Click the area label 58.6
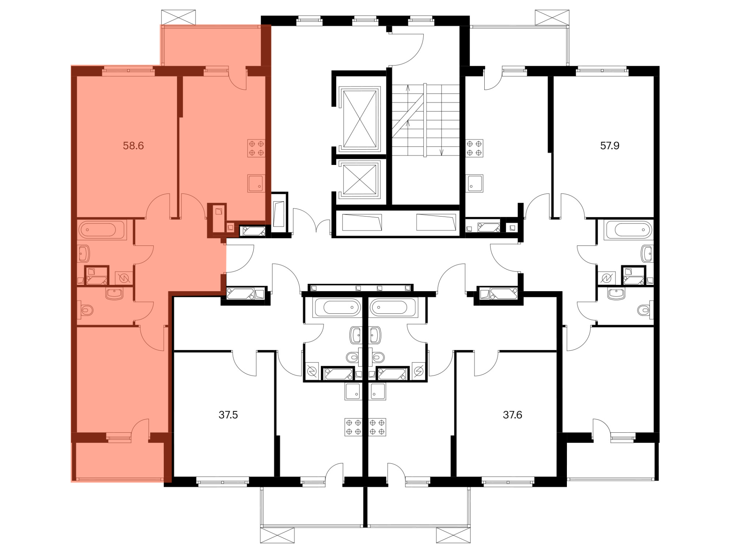coord(133,146)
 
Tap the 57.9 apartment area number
coord(610,146)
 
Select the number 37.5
coord(228,415)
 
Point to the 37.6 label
coord(512,415)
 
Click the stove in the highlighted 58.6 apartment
coord(256,148)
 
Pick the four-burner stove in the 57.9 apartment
coord(474,148)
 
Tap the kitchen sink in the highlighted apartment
coord(256,183)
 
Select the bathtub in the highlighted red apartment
coord(102,230)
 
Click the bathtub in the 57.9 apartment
coord(629,230)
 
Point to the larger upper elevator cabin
coord(360,119)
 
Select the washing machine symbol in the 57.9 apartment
coord(606,278)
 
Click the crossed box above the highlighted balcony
coord(178,17)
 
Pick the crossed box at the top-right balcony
coord(552,17)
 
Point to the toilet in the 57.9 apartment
coord(645,310)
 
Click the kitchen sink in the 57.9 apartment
coord(474,183)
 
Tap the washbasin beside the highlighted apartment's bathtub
coord(83,253)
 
